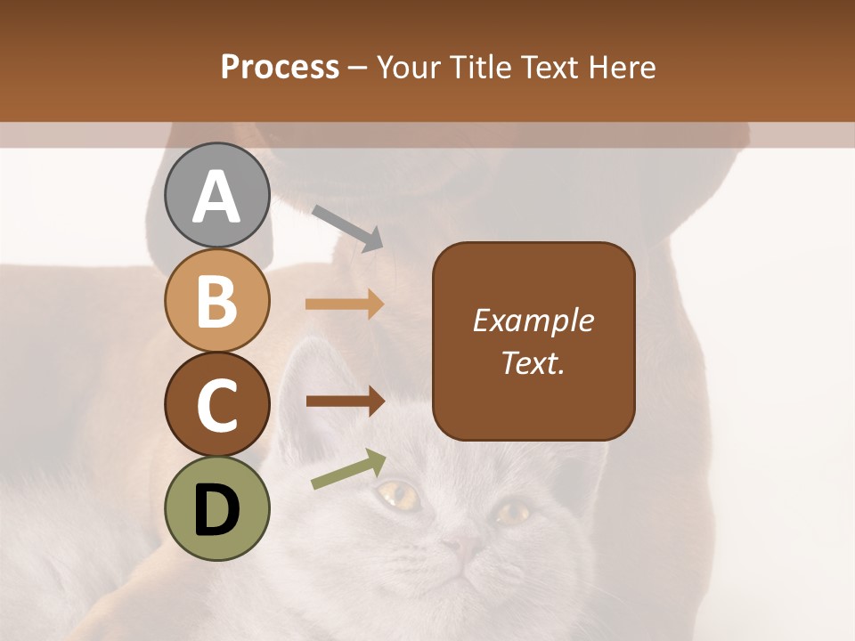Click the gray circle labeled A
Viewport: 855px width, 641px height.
tap(217, 195)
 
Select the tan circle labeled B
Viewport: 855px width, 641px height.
tap(217, 300)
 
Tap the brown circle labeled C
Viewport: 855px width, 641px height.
tap(217, 404)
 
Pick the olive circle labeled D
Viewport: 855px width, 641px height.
tap(217, 508)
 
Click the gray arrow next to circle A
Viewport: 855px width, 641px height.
tap(347, 228)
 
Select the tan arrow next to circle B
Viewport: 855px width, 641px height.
tap(345, 304)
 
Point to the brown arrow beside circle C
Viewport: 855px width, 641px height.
tap(345, 401)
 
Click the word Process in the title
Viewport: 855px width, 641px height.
tap(280, 67)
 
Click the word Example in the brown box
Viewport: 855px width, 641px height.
tap(533, 320)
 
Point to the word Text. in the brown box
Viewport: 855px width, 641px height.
tap(533, 362)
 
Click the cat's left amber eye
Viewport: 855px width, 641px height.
tap(399, 495)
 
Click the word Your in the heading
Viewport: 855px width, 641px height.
tap(408, 67)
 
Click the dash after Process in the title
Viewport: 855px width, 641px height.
tap(358, 68)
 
